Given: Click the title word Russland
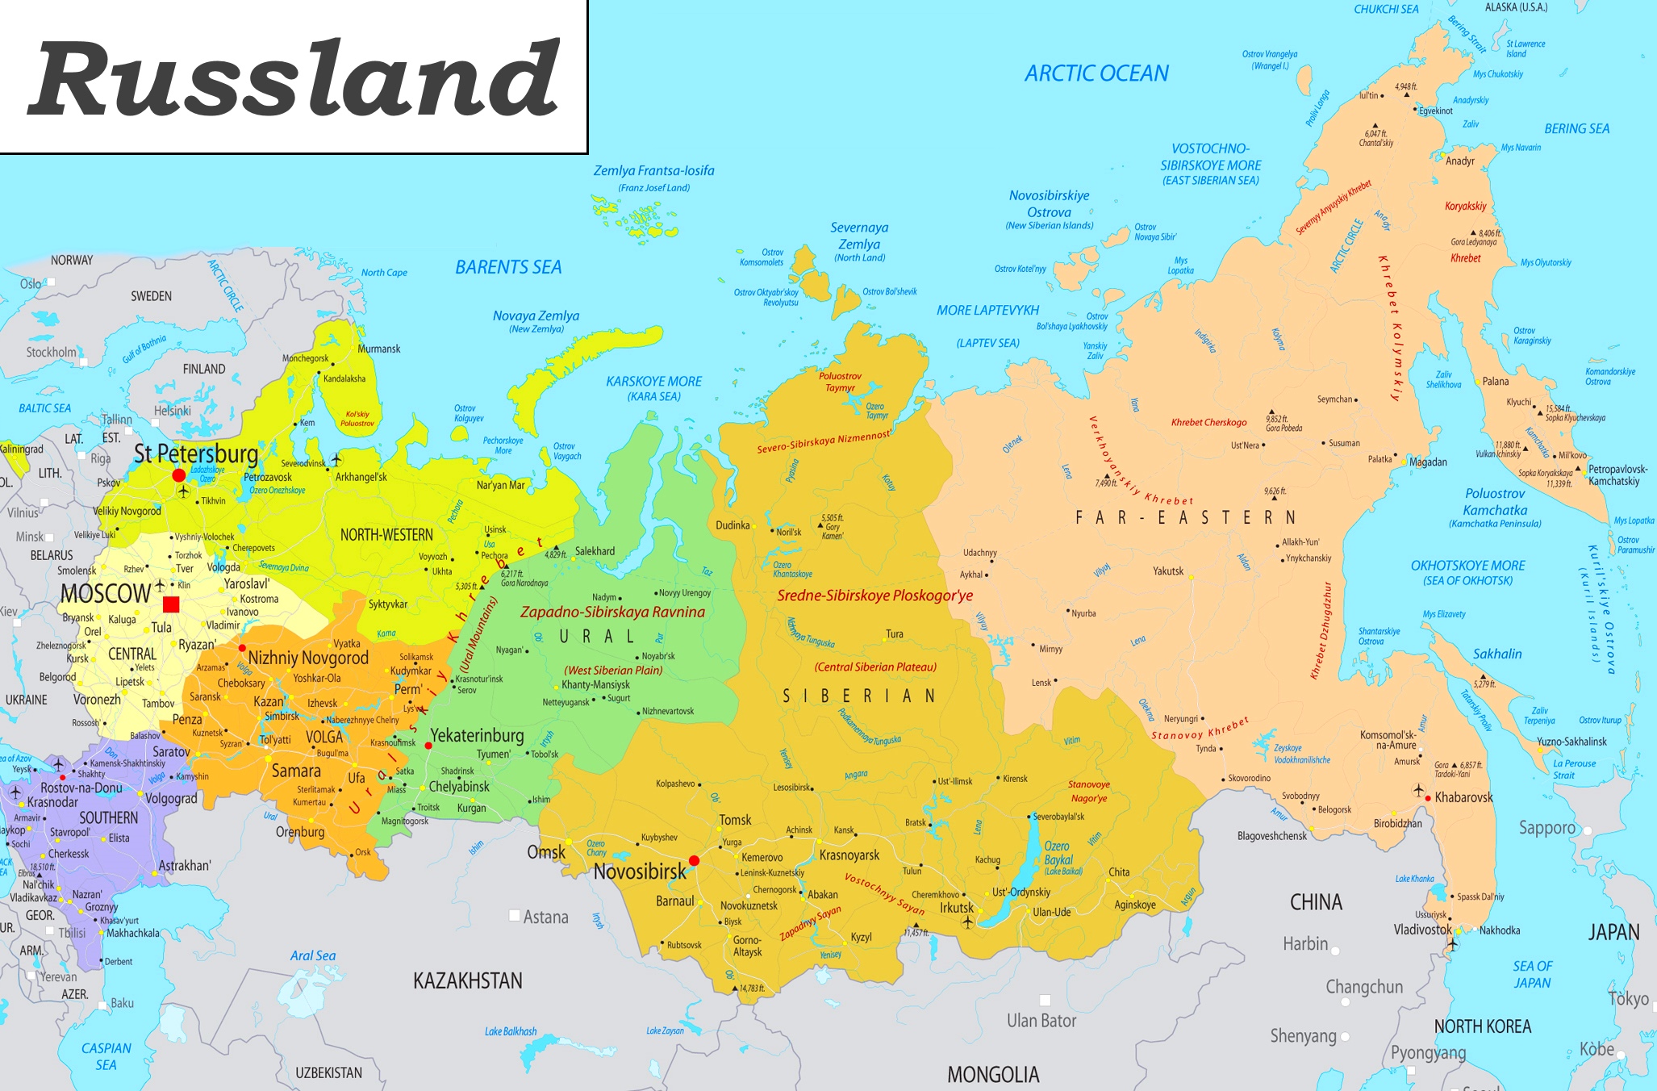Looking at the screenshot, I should [x=294, y=78].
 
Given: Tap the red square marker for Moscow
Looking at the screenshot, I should [x=171, y=604].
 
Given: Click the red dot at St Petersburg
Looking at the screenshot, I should [x=178, y=475].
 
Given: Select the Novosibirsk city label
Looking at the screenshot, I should [x=640, y=872].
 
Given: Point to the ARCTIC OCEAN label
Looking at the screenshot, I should [x=1096, y=73].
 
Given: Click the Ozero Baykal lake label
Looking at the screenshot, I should [x=1058, y=853].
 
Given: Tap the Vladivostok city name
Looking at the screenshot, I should [x=1422, y=930].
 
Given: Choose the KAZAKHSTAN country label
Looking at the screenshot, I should [x=468, y=981].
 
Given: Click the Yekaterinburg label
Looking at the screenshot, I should [x=477, y=735].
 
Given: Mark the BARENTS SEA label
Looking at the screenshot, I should [x=508, y=267].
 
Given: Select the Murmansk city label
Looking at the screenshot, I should [x=378, y=349].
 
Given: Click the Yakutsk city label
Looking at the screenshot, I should [x=1167, y=571].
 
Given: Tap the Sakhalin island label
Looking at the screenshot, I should [x=1497, y=654].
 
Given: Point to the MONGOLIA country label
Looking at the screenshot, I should [x=993, y=1074].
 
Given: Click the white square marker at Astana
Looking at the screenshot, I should [x=515, y=915].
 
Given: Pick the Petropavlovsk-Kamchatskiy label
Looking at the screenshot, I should [x=1617, y=474].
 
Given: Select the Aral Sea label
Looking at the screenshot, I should [x=313, y=955].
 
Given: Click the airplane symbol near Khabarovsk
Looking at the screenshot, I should [x=1418, y=790].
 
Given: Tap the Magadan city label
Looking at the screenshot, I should [x=1428, y=462].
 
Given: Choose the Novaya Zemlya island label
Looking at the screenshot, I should [x=536, y=316].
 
